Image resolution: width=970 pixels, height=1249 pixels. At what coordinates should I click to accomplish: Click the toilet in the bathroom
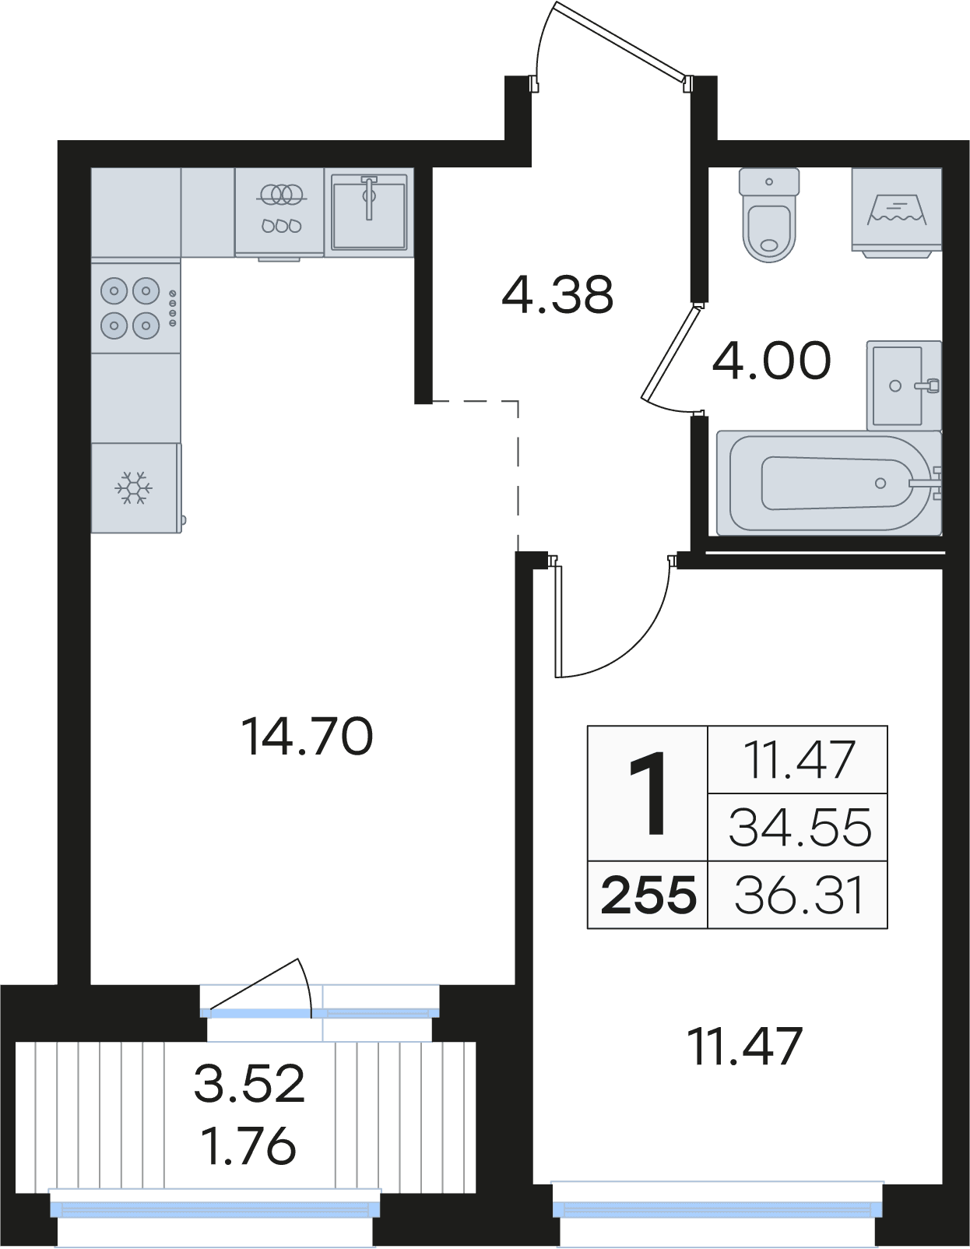click(x=769, y=215)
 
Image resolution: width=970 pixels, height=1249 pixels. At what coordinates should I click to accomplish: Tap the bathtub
click(x=829, y=483)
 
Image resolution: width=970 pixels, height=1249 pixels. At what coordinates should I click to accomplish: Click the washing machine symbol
click(x=897, y=209)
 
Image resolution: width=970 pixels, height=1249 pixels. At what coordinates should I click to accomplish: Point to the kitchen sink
click(x=369, y=212)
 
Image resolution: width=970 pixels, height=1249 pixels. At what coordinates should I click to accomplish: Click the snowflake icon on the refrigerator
click(x=133, y=488)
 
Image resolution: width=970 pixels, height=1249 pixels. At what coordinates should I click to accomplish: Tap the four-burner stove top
click(x=135, y=308)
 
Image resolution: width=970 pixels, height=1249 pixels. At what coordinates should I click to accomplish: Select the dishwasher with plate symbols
click(x=279, y=212)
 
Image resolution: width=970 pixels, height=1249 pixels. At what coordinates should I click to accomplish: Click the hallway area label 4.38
click(x=557, y=295)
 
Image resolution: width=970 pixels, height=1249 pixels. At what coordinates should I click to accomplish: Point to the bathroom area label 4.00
click(x=771, y=361)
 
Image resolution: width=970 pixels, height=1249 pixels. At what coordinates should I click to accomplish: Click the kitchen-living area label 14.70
click(x=308, y=737)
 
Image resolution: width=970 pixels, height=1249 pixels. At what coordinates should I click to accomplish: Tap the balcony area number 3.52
click(x=249, y=1083)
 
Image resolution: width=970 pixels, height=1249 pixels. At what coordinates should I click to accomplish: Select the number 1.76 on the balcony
click(x=249, y=1146)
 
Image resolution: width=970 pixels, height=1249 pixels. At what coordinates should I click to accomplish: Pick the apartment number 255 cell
click(x=648, y=895)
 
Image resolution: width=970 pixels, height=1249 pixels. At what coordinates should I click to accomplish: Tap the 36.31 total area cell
click(x=798, y=895)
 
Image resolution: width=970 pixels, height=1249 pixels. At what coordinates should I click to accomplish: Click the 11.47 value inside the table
click(x=799, y=760)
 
